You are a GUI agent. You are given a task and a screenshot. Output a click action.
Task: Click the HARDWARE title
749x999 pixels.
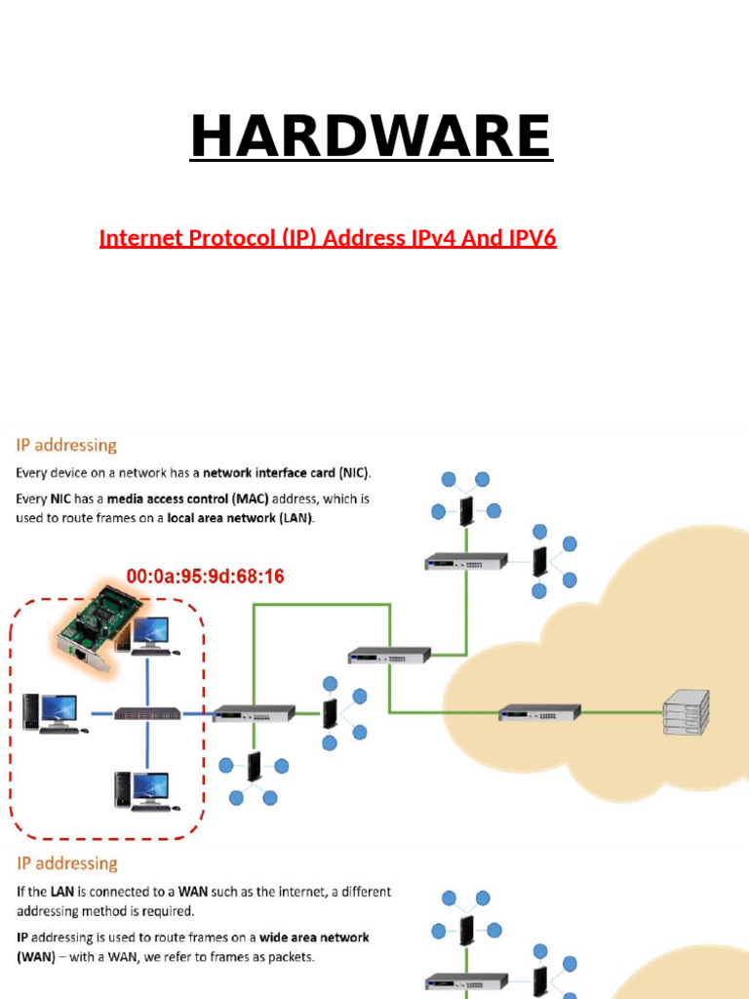(x=372, y=136)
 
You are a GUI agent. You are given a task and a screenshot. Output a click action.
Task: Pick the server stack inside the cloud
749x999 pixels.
(x=686, y=713)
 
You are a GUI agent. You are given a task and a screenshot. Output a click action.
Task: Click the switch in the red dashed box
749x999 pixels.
(x=147, y=713)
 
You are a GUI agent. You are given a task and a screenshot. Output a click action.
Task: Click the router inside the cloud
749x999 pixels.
(x=539, y=713)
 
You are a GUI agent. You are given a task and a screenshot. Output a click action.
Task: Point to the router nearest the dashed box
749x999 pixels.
(x=253, y=713)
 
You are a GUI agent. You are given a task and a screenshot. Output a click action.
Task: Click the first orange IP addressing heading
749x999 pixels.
(x=65, y=446)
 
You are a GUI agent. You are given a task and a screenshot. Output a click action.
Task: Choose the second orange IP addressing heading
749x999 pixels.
(x=65, y=863)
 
